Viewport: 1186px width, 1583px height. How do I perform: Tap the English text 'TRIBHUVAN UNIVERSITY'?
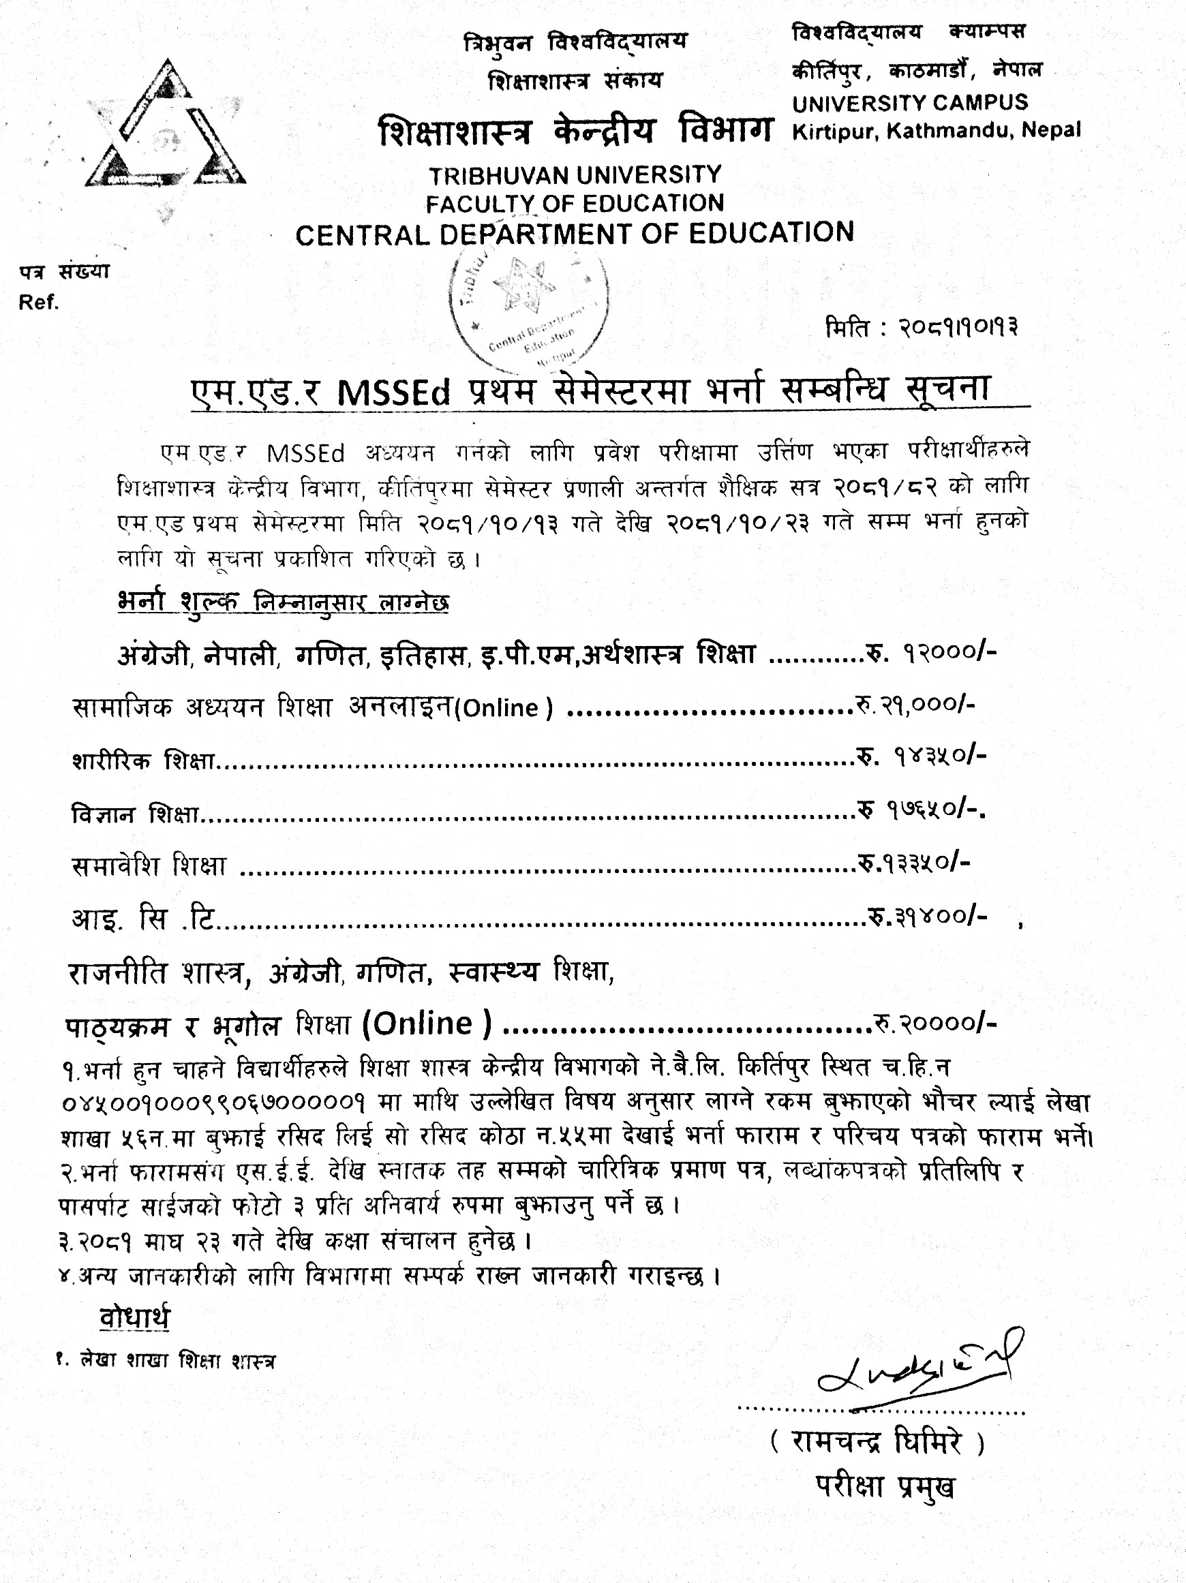point(575,174)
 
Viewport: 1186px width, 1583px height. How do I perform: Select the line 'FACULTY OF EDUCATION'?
point(575,203)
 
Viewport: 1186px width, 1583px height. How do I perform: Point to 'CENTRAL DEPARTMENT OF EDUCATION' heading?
point(575,233)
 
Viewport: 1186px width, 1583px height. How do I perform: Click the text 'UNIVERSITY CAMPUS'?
point(910,102)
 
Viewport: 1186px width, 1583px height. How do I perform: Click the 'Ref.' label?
point(39,303)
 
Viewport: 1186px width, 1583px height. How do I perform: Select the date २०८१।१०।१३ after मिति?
point(960,328)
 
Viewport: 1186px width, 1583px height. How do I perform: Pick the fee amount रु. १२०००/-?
point(931,654)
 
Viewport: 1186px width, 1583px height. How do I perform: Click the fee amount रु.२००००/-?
point(933,1024)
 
